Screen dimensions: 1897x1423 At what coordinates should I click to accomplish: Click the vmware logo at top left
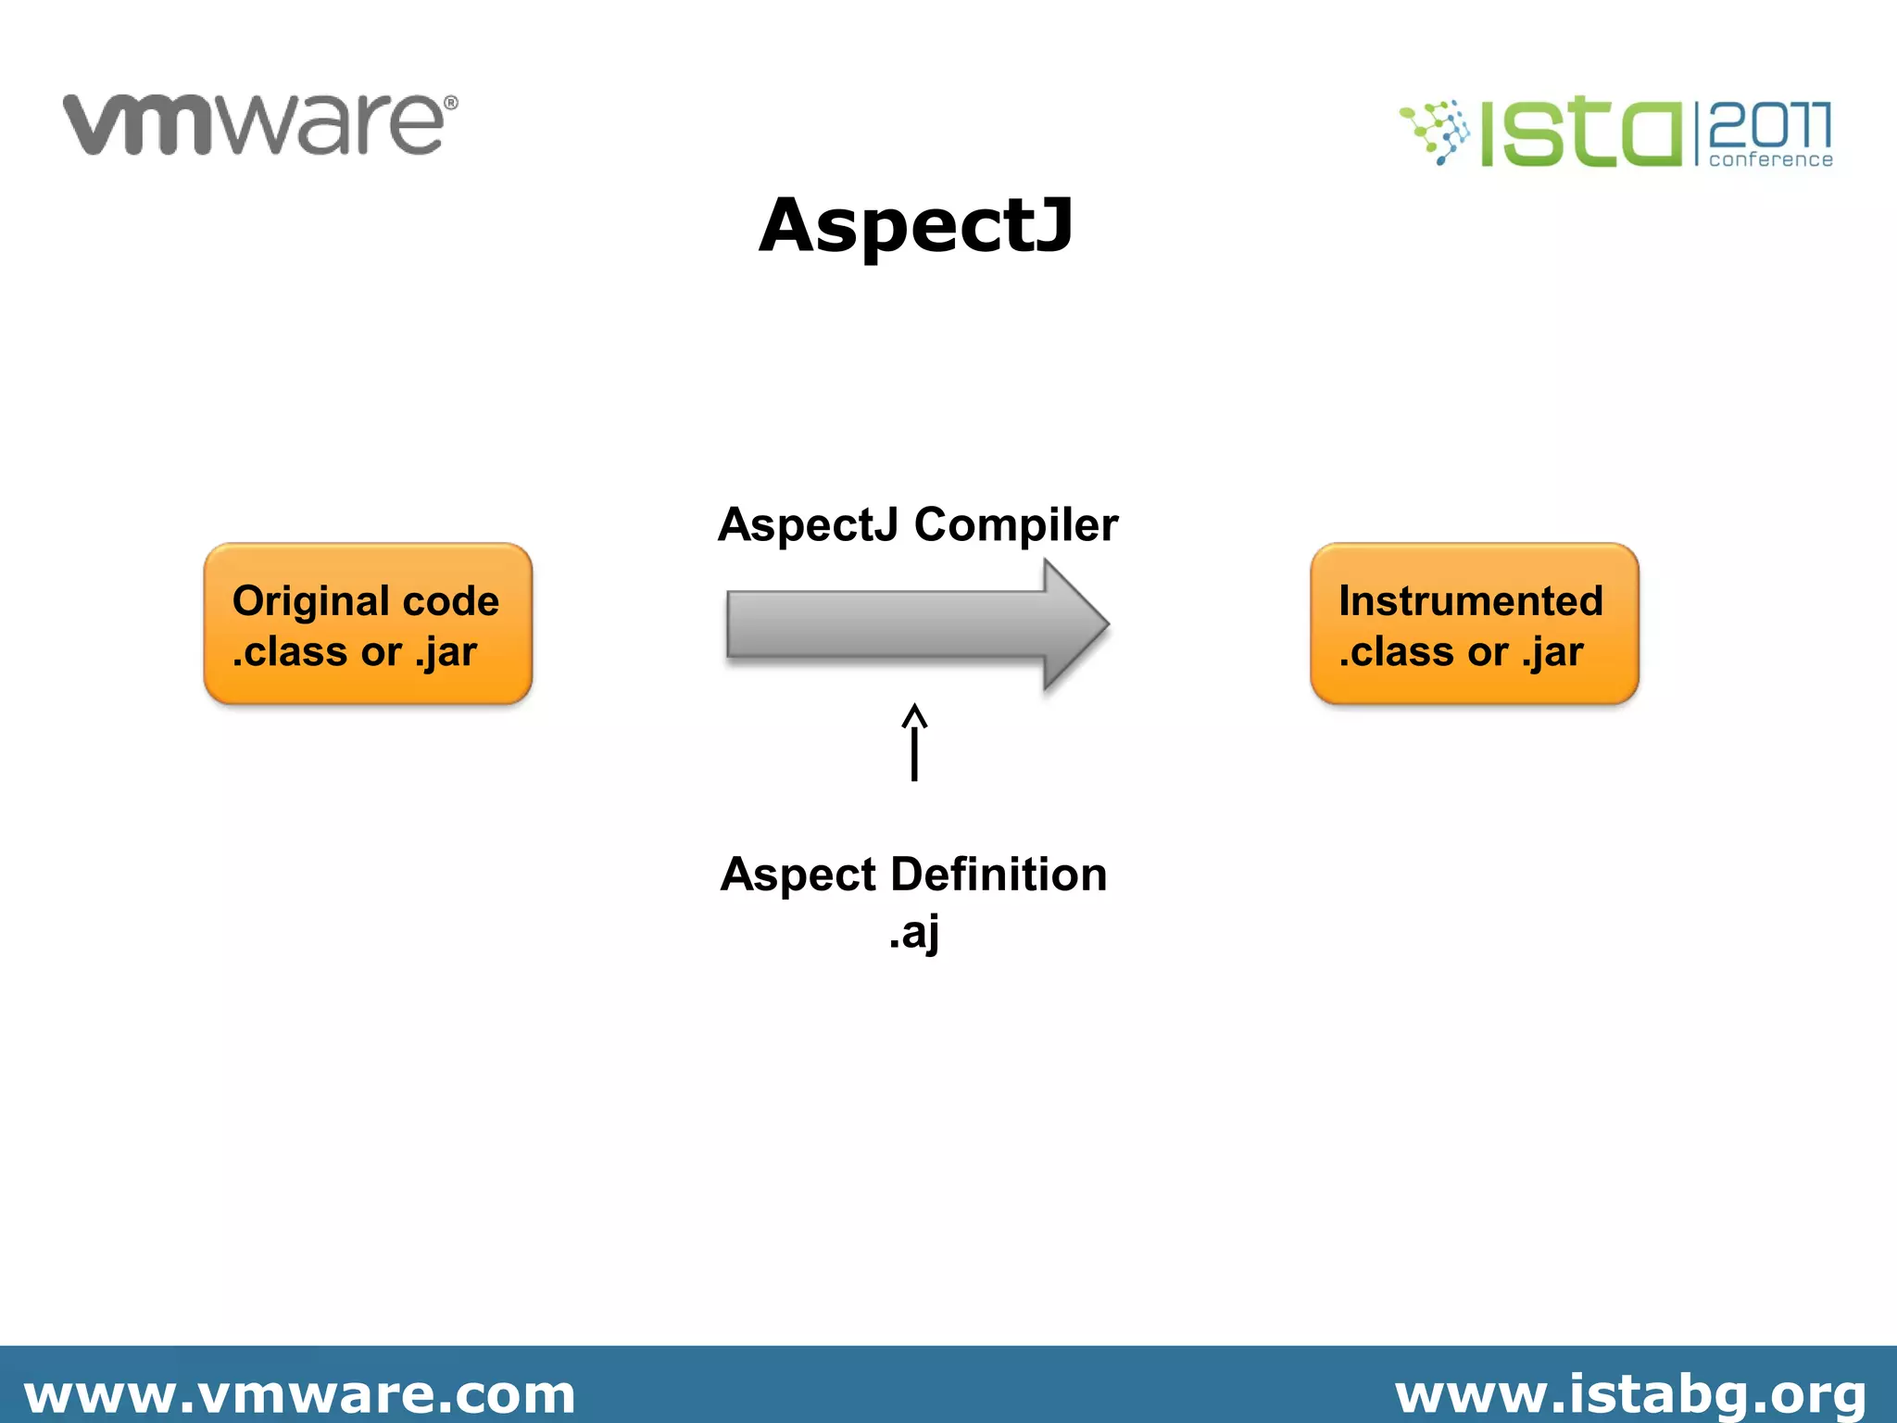click(259, 124)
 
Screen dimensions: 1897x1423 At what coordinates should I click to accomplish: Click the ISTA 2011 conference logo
click(1616, 134)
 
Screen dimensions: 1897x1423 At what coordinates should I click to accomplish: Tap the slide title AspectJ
click(916, 226)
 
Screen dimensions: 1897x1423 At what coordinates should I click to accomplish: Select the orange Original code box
click(368, 624)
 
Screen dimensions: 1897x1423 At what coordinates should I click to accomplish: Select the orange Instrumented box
click(1474, 624)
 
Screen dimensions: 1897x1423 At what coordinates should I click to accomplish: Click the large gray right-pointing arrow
click(917, 624)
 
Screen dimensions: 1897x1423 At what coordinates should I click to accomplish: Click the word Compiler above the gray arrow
click(1016, 525)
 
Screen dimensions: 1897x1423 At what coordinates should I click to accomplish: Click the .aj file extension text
click(914, 931)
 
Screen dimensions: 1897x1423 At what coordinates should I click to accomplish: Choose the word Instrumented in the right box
click(1470, 601)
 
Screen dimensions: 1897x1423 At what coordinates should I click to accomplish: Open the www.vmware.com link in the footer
click(299, 1393)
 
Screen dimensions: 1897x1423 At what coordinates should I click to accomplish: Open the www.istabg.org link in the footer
click(1630, 1393)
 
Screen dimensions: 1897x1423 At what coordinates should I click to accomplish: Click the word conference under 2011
click(1770, 160)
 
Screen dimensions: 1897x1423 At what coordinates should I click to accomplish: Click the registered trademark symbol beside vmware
click(451, 103)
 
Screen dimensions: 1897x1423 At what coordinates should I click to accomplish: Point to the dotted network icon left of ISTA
click(1435, 132)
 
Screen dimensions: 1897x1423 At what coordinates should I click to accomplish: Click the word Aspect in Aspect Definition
click(798, 875)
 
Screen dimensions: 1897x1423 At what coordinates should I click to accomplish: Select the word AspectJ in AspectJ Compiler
click(808, 525)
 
